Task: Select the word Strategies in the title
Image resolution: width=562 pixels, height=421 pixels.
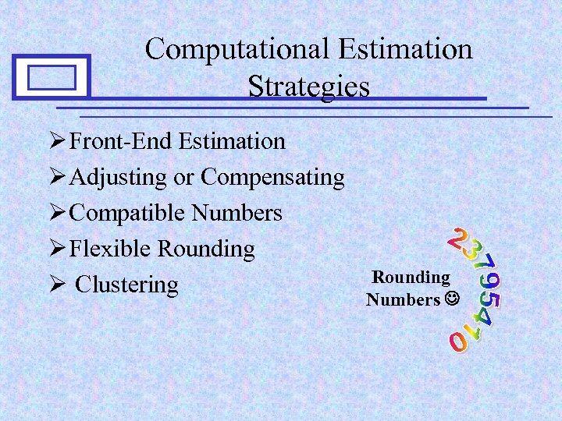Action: (308, 86)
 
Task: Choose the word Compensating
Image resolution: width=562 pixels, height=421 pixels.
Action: (272, 178)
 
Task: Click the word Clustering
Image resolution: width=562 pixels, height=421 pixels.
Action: (126, 285)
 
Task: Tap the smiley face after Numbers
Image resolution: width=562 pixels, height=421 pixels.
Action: (451, 299)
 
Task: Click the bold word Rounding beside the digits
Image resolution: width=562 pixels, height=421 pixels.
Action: (411, 278)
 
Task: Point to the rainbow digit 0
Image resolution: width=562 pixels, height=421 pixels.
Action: (457, 341)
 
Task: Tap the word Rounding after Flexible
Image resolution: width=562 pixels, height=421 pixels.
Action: (206, 249)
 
